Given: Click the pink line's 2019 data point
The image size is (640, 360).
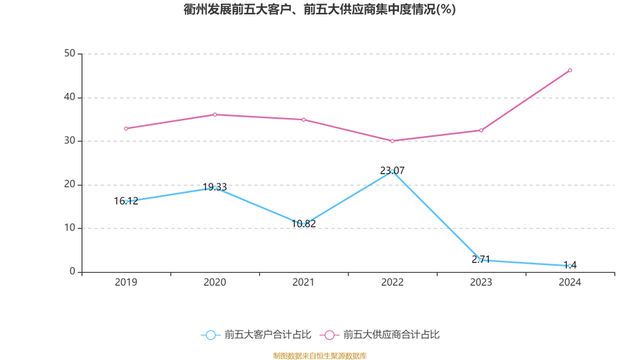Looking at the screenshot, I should click(x=125, y=129).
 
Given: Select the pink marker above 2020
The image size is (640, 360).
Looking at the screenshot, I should click(x=215, y=114).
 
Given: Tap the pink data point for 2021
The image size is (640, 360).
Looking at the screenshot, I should click(x=303, y=120).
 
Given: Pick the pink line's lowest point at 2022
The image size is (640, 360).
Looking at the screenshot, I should click(x=392, y=141).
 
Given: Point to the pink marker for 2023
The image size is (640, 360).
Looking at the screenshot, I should click(x=481, y=130).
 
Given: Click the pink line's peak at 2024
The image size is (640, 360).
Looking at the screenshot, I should click(x=569, y=70).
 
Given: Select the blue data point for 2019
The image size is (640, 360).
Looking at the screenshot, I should click(x=127, y=202).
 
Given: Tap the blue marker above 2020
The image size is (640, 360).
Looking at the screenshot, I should click(x=215, y=188).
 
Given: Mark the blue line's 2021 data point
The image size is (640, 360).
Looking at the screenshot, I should click(x=303, y=224).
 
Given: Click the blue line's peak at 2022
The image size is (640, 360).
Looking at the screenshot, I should click(x=392, y=171).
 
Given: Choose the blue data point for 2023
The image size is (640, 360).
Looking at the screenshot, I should click(x=481, y=259).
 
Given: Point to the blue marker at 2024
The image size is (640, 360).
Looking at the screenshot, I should click(x=569, y=266).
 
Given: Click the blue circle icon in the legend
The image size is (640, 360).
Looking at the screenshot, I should click(x=210, y=335).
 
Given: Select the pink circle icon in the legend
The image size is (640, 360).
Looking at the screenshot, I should click(x=330, y=335).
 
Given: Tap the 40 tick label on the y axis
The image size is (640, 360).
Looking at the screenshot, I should click(x=70, y=97).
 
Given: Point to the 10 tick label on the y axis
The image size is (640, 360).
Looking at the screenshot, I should click(x=70, y=228).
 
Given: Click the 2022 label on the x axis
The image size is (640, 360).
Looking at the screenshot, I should click(x=392, y=283).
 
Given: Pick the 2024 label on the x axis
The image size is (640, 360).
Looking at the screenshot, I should click(x=569, y=283).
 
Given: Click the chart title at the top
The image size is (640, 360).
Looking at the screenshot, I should click(x=320, y=10).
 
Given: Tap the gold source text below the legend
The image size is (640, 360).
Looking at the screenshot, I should click(x=320, y=355).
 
